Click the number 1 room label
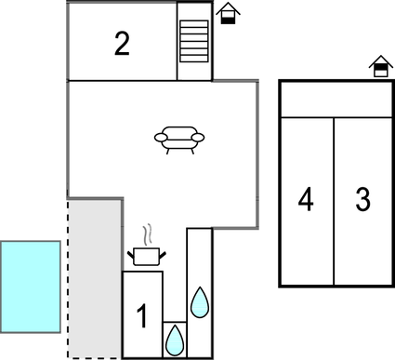(142, 317)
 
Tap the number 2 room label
(122, 44)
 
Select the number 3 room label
(362, 199)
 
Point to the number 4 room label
(306, 199)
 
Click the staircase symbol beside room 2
(195, 41)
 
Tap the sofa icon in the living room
(179, 139)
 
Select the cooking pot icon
(146, 255)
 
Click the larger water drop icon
(199, 301)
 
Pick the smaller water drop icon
(174, 341)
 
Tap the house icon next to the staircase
(227, 14)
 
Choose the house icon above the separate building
(379, 67)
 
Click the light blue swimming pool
(31, 285)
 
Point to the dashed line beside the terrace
(67, 279)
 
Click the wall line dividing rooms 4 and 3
(334, 201)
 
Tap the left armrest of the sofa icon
(161, 139)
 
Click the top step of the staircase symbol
(195, 24)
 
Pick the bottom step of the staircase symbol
(195, 59)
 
